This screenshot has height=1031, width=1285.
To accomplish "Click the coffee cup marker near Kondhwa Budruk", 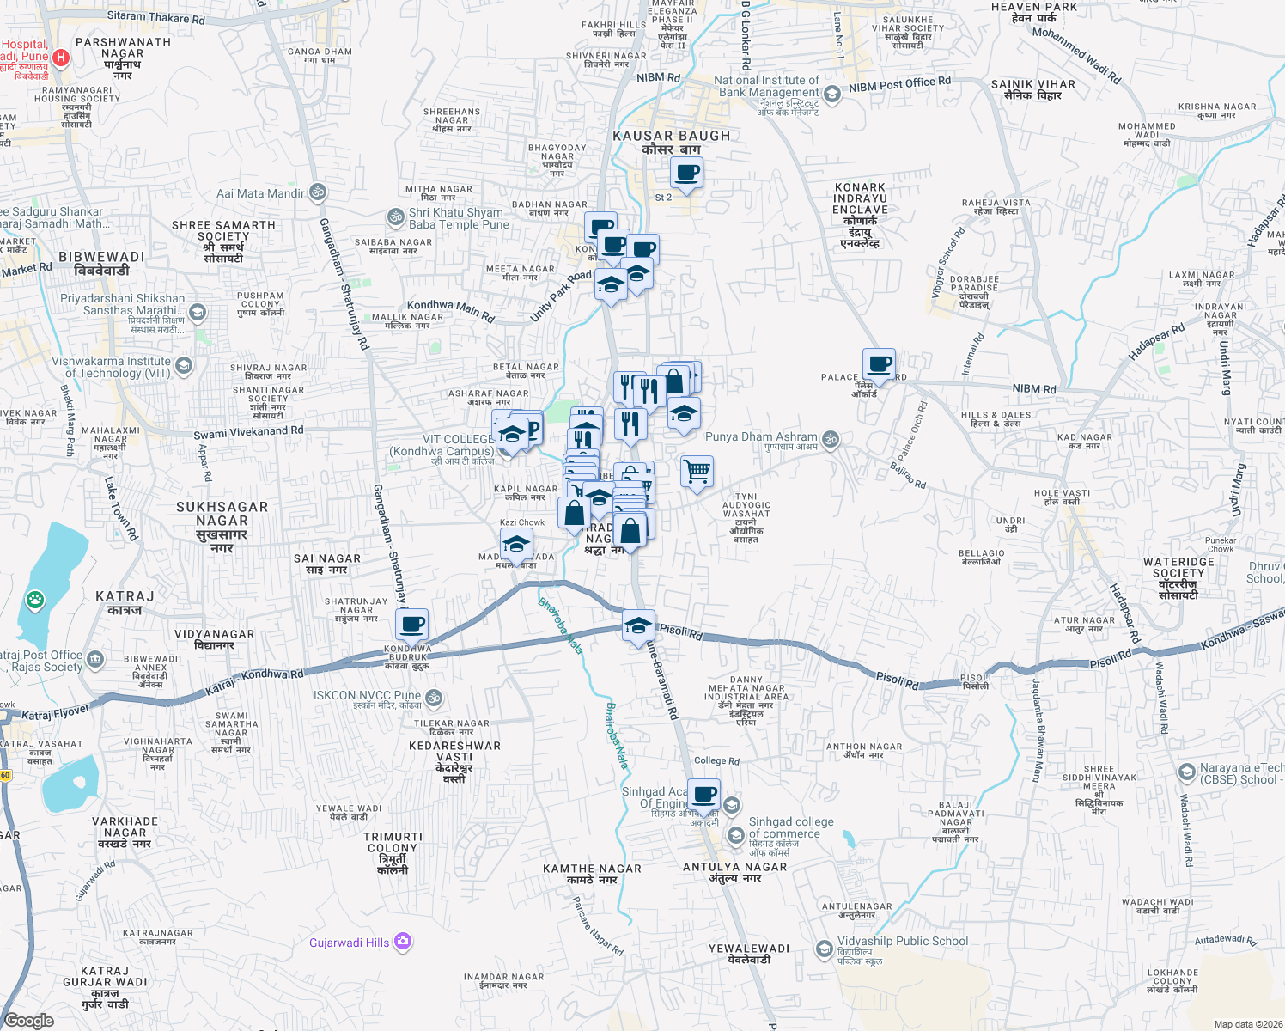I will [x=412, y=624].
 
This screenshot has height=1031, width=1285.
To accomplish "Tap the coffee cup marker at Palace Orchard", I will [x=879, y=364].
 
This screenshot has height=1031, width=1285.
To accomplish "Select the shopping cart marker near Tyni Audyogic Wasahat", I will [x=697, y=471].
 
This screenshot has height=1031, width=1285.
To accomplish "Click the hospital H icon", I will [x=60, y=58].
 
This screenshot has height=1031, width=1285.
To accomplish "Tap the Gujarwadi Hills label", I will [x=350, y=943].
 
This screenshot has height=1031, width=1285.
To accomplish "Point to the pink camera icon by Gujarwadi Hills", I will [x=403, y=943].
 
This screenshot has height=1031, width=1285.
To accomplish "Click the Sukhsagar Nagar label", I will [x=222, y=521].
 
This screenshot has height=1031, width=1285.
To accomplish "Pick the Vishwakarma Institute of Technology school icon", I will [x=183, y=367].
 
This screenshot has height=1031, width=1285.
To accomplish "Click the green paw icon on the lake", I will [x=35, y=599].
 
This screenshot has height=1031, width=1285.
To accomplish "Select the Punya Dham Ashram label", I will [x=761, y=436].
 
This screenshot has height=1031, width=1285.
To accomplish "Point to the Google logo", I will [x=29, y=1020].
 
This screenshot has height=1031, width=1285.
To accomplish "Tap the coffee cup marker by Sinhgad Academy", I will [x=703, y=795].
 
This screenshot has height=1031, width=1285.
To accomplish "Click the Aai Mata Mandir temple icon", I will [x=318, y=191].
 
